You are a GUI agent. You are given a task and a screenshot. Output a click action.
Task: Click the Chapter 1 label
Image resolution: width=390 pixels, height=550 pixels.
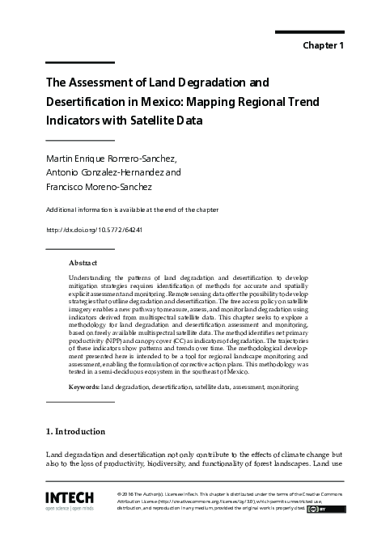323,45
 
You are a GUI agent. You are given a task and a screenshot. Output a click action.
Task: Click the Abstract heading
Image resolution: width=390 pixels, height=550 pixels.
83,264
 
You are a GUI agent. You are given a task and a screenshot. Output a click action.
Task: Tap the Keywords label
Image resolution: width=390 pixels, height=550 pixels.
84,387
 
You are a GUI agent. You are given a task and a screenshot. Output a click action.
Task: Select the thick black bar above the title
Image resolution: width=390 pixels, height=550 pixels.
80,62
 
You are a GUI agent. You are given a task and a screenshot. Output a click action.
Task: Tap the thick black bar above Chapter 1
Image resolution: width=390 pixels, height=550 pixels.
310,32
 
